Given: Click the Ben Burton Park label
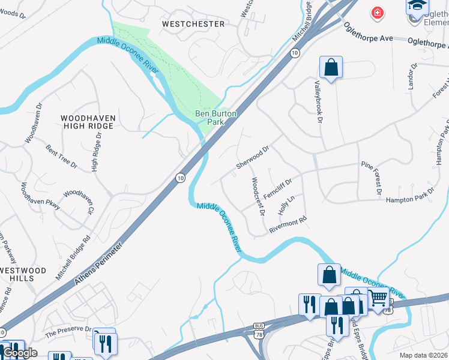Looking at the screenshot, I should pos(215,117).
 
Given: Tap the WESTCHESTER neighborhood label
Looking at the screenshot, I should pos(193,24).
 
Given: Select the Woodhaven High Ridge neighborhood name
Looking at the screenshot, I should pos(87,122).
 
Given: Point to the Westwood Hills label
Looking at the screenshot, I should pos(23,275).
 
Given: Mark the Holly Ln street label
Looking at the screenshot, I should pos(287,205).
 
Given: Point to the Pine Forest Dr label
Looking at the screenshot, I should pos(370,178).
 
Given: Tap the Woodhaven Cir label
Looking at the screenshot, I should pos(79,201).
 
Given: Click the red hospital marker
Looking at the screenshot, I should pos(377,13).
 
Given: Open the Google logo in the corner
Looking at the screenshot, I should pos(19,352).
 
